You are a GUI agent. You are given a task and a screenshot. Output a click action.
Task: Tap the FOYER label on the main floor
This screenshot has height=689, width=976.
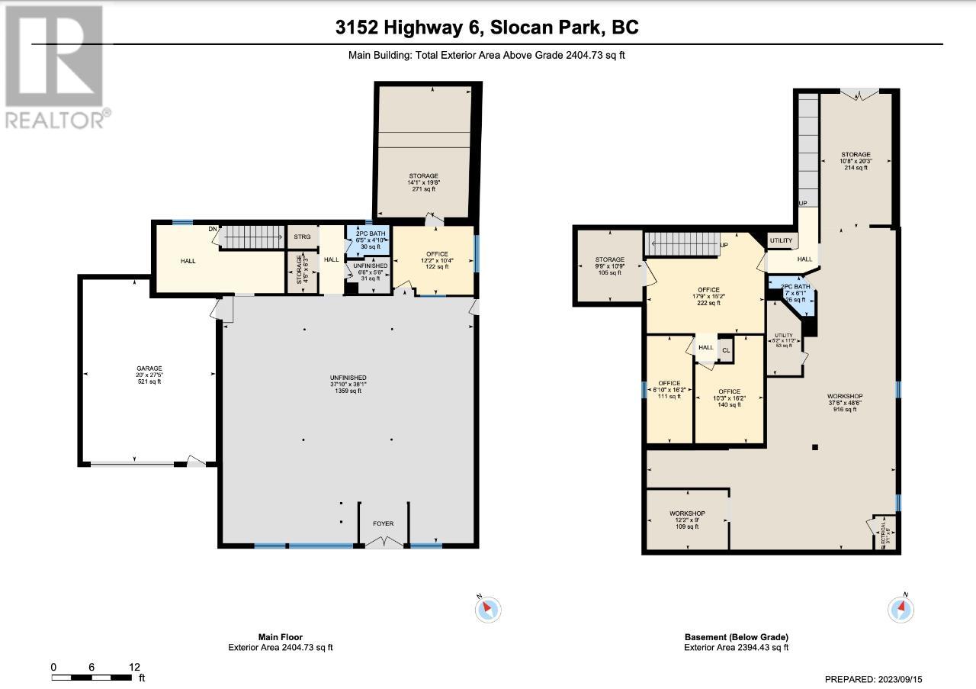click(x=383, y=523)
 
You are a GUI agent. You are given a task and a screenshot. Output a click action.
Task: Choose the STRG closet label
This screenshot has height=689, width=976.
click(x=301, y=237)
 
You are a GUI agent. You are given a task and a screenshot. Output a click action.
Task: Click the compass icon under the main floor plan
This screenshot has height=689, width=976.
click(x=488, y=609)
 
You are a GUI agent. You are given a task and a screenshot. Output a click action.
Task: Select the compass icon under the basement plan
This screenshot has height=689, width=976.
click(x=901, y=609)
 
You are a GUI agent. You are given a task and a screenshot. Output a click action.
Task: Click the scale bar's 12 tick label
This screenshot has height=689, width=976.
click(x=134, y=667)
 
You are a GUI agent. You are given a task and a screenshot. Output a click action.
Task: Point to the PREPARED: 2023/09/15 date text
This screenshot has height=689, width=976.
click(x=878, y=679)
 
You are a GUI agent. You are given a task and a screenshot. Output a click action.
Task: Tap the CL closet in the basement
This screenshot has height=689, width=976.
click(x=726, y=351)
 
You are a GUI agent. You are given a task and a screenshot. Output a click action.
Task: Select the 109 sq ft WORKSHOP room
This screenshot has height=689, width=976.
click(x=687, y=520)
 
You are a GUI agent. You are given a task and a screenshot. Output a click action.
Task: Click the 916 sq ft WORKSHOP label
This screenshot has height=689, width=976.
click(x=845, y=402)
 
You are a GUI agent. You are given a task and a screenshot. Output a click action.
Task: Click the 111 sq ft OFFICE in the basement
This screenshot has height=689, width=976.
click(x=669, y=389)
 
